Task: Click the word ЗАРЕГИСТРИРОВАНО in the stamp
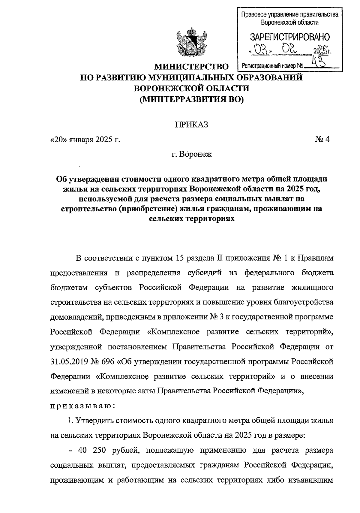pos(290,37)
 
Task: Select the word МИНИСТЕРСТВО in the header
pos(191,67)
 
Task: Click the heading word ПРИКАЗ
pos(191,125)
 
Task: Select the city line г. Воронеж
pos(191,155)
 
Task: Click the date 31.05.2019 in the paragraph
pos(68,361)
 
